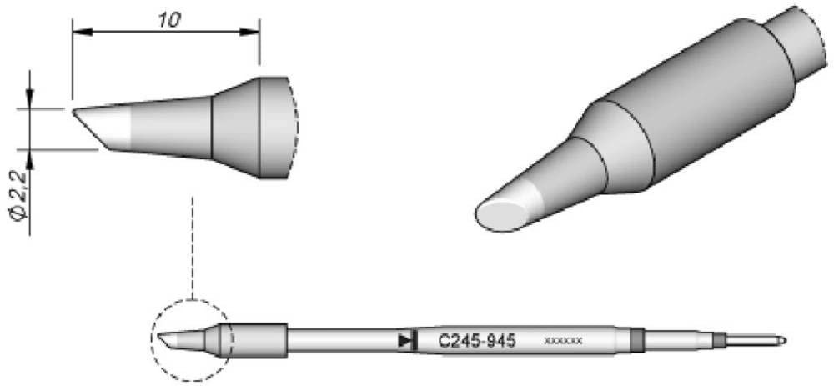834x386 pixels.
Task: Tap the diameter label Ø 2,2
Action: pos(22,193)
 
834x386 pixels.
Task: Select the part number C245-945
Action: pos(476,340)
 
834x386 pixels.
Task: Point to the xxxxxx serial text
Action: pos(564,341)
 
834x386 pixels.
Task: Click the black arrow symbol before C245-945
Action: pos(406,340)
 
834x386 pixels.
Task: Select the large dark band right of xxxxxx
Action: pos(638,340)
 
